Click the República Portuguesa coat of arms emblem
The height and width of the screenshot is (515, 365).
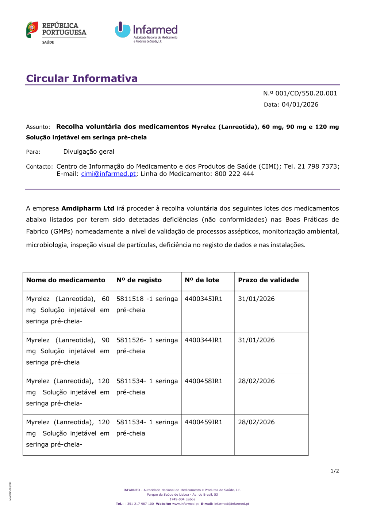click(x=32, y=30)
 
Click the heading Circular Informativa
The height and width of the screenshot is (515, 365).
click(x=82, y=78)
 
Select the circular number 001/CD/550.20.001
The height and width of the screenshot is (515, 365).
click(x=306, y=93)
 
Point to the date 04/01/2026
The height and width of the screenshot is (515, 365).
click(x=300, y=105)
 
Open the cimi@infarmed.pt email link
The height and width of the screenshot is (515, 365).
click(x=108, y=174)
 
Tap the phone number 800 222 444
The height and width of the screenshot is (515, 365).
click(x=234, y=174)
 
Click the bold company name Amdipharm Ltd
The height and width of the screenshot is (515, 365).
click(x=88, y=208)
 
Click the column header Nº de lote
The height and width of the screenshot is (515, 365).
click(x=202, y=280)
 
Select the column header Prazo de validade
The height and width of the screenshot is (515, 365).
click(x=268, y=280)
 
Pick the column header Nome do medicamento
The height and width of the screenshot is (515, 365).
click(x=66, y=280)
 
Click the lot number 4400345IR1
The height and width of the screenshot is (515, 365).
click(x=203, y=299)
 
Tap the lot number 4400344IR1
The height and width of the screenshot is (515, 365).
click(x=203, y=340)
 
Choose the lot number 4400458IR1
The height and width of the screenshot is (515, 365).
click(x=203, y=381)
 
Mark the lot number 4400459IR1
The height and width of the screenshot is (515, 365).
click(x=203, y=422)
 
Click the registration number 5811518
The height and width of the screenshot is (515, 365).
click(x=130, y=299)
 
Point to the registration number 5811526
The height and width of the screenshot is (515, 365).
click(x=130, y=340)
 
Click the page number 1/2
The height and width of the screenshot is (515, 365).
click(x=335, y=471)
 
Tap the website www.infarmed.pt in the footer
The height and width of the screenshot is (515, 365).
click(x=185, y=504)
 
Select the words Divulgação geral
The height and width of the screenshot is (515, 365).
click(x=89, y=152)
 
